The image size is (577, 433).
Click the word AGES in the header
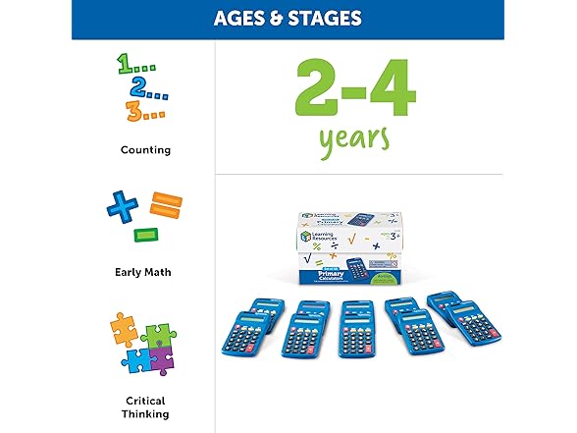click(x=242, y=18)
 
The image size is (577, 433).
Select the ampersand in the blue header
click(x=280, y=18)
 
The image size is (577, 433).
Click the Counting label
click(x=145, y=150)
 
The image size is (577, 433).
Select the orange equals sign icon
click(x=167, y=206)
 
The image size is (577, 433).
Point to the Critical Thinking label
click(x=145, y=407)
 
